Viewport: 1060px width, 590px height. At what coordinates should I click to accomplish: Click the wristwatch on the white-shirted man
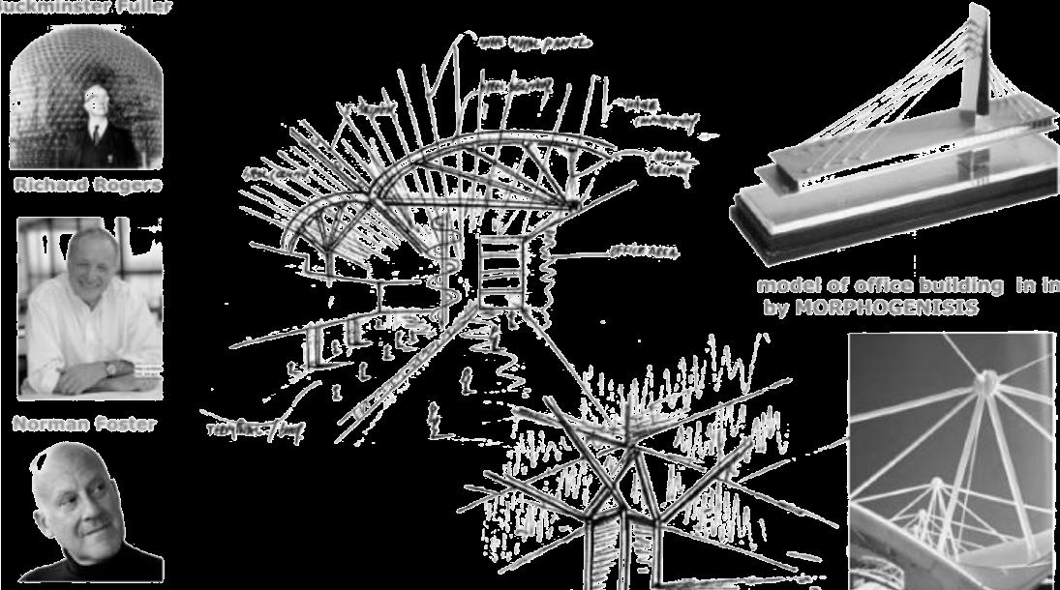(112, 368)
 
